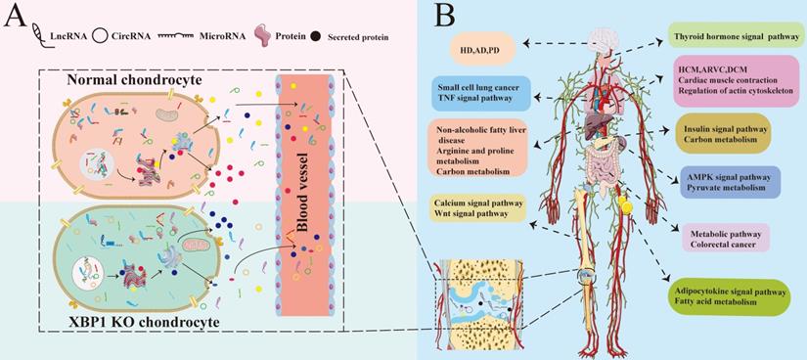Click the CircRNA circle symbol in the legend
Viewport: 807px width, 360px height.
coord(99,37)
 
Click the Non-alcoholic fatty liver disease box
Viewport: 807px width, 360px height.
coord(481,149)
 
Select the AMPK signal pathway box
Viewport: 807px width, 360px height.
coord(729,183)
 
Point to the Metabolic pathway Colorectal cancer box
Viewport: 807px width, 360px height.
coord(718,241)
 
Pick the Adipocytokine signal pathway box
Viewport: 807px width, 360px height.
coord(729,296)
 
